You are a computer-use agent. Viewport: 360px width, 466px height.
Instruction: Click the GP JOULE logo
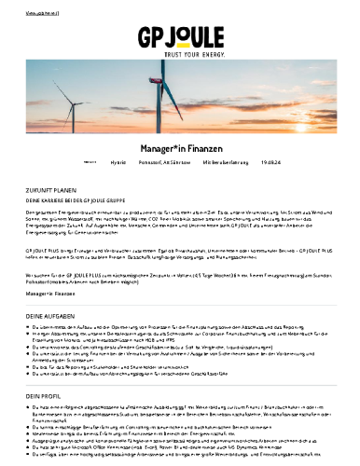coord(181,38)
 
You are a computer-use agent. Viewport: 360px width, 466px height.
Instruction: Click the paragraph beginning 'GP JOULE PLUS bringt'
coord(177,254)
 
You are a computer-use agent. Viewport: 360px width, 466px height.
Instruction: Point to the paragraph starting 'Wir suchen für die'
coord(177,278)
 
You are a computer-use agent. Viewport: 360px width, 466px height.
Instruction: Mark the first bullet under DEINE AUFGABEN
coord(177,329)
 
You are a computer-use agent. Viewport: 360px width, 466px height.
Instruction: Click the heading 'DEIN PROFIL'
coord(43,395)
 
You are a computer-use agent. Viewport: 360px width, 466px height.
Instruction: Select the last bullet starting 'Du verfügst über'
coord(177,459)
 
